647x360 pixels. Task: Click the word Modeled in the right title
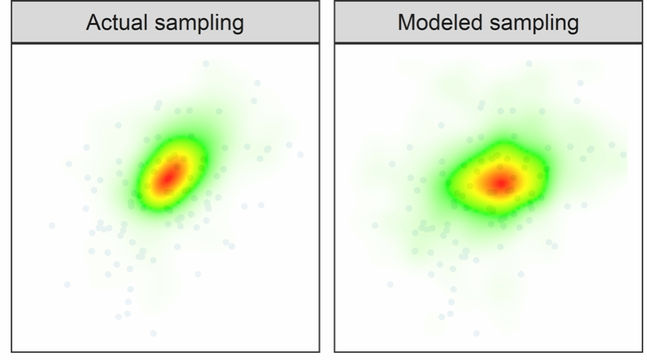coord(437,23)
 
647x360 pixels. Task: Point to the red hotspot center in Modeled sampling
coord(501,181)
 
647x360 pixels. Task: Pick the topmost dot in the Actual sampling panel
coord(206,64)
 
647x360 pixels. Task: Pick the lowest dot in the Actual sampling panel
coord(153,333)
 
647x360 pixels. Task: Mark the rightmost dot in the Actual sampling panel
coord(300,154)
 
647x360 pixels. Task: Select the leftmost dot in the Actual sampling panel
coord(52,226)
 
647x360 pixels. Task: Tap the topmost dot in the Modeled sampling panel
coord(529,64)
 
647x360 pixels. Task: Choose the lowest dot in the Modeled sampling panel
coord(476,333)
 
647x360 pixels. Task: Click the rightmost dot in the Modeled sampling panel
coord(623,154)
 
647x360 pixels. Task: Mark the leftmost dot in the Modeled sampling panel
coord(374,226)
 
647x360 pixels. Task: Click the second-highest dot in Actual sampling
coord(257,83)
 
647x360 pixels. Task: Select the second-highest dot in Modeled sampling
coord(580,83)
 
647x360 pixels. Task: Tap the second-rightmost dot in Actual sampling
coord(288,144)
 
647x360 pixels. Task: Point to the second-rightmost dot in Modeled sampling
coord(611,144)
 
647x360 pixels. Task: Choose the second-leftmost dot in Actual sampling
coord(67,285)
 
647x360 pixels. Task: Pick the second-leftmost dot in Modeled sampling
coord(390,285)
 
